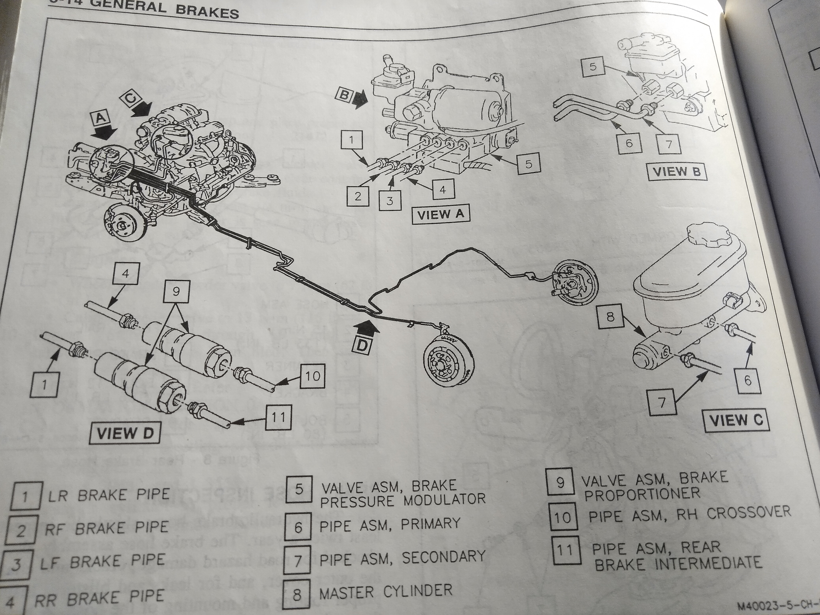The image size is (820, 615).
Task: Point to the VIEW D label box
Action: (125, 434)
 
